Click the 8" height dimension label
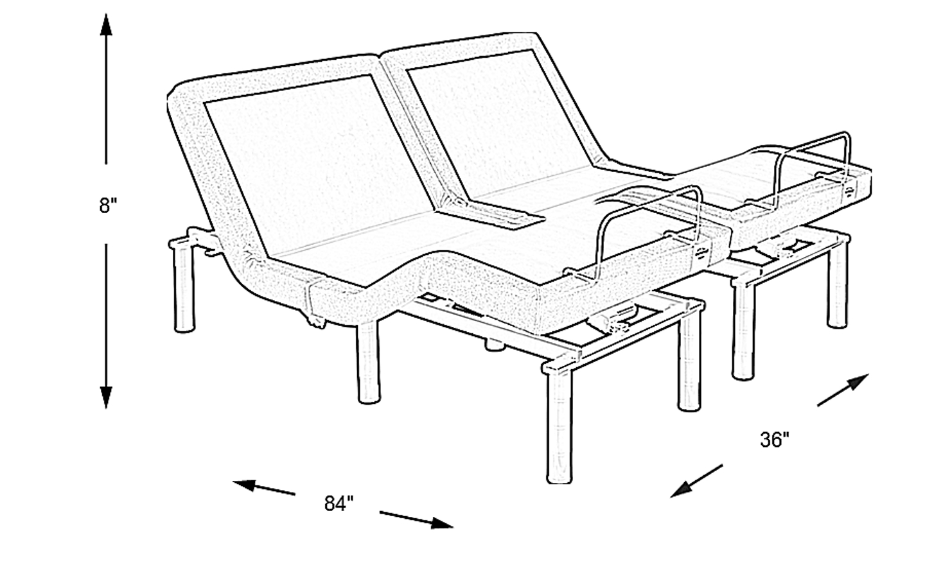(x=108, y=205)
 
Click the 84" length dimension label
(x=339, y=503)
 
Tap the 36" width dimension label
(x=775, y=440)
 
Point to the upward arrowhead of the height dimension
(x=106, y=26)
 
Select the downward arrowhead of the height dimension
(x=106, y=397)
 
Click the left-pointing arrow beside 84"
(x=263, y=487)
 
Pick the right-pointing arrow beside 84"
(x=416, y=520)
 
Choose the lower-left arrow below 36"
(x=696, y=481)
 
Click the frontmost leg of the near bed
(x=559, y=425)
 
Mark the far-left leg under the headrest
(x=184, y=289)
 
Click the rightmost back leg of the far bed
(x=838, y=285)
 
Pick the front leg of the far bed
(x=743, y=330)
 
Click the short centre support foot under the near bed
(x=495, y=344)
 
